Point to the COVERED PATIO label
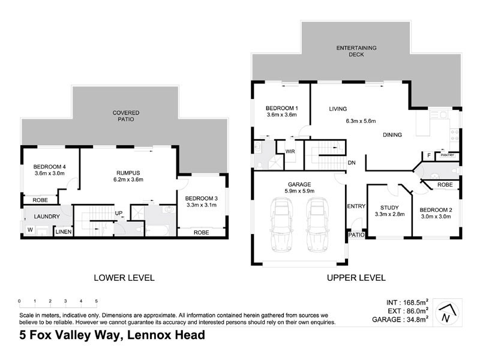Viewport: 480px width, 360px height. (x=126, y=116)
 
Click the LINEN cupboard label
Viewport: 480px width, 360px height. (x=62, y=231)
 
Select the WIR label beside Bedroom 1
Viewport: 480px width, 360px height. (x=289, y=151)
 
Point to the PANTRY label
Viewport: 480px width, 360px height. (x=447, y=155)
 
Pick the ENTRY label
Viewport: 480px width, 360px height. (x=356, y=206)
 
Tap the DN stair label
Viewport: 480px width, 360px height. (x=352, y=163)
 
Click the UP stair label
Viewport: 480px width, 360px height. (x=119, y=212)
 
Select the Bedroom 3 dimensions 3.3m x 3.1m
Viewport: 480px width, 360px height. (x=201, y=205)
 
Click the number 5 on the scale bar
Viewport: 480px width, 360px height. (x=96, y=301)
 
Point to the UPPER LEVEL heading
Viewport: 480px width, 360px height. (x=355, y=278)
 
